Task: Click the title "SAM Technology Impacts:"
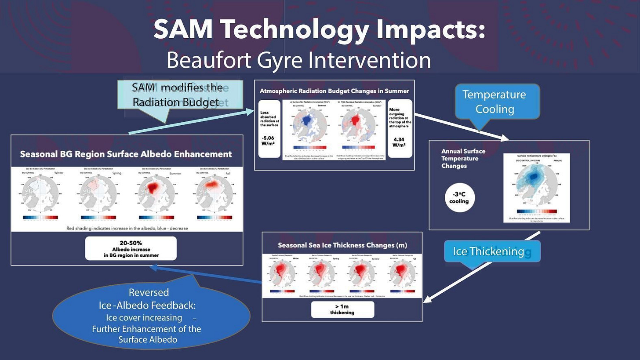click(x=319, y=30)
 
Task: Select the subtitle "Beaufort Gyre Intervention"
click(x=298, y=60)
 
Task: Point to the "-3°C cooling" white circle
click(x=459, y=197)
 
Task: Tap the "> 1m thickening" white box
click(x=342, y=309)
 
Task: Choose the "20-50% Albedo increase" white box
click(x=131, y=248)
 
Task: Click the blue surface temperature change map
click(x=536, y=184)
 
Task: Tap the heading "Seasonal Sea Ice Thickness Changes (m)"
click(x=342, y=245)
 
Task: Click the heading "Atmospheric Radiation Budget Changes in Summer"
click(x=334, y=91)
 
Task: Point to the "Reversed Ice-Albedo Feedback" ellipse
click(x=151, y=316)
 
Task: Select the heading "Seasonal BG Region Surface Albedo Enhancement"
click(x=126, y=154)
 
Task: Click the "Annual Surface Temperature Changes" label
click(x=463, y=158)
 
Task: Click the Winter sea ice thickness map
click(x=280, y=275)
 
